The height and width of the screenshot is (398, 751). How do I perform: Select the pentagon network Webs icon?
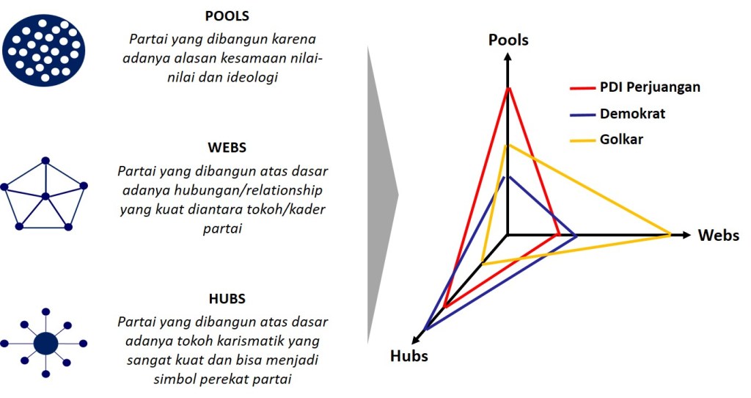click(x=45, y=195)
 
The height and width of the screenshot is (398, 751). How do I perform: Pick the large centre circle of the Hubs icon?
click(x=45, y=343)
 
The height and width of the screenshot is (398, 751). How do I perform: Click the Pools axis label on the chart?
click(x=508, y=40)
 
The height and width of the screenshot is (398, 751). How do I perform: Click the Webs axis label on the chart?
click(x=718, y=236)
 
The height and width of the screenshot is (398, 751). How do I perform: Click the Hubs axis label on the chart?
click(x=409, y=356)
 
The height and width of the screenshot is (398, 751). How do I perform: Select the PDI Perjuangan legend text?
click(x=650, y=87)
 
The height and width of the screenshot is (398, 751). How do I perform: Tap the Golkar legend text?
click(x=621, y=140)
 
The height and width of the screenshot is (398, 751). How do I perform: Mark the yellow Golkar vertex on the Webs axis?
click(x=670, y=235)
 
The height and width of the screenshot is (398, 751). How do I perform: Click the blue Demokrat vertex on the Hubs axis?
click(x=425, y=330)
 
